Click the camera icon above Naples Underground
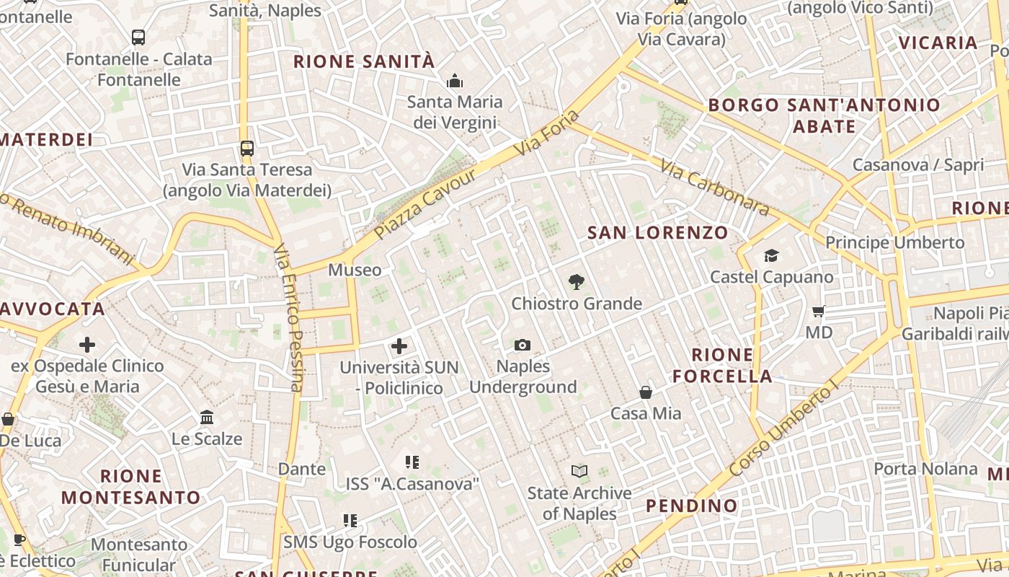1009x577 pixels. click(523, 345)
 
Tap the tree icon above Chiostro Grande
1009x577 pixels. click(576, 282)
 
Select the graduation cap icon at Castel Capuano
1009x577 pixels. click(771, 256)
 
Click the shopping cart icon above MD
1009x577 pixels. click(818, 312)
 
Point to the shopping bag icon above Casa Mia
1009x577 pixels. click(646, 392)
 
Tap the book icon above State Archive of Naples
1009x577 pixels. click(579, 472)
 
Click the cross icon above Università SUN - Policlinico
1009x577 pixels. click(399, 346)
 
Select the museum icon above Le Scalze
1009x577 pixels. click(207, 418)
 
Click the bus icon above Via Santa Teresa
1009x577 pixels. click(246, 149)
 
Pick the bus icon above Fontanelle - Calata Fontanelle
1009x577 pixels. click(138, 38)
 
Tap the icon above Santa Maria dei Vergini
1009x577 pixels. click(454, 81)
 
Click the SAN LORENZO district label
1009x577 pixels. click(657, 233)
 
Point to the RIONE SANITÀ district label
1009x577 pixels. click(364, 62)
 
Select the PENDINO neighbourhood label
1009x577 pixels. click(691, 506)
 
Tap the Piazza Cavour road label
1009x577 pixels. click(425, 205)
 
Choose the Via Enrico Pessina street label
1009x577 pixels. click(288, 317)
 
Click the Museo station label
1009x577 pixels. click(355, 270)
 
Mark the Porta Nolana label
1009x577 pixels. click(925, 469)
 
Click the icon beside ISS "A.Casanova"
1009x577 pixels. click(412, 462)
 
